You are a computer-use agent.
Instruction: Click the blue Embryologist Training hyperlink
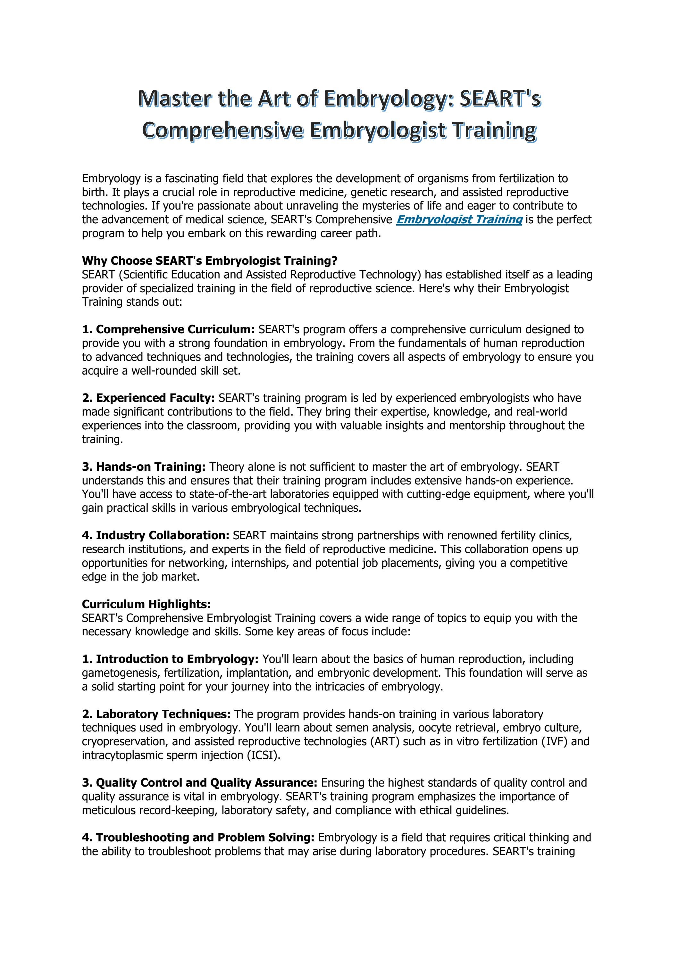(459, 219)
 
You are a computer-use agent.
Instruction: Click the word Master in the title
(174, 99)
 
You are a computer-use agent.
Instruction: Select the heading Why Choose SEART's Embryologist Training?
(210, 261)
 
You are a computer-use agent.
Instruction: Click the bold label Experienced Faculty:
(148, 398)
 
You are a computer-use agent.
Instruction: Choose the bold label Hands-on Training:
(144, 467)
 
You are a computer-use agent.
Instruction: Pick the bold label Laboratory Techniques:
(156, 714)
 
